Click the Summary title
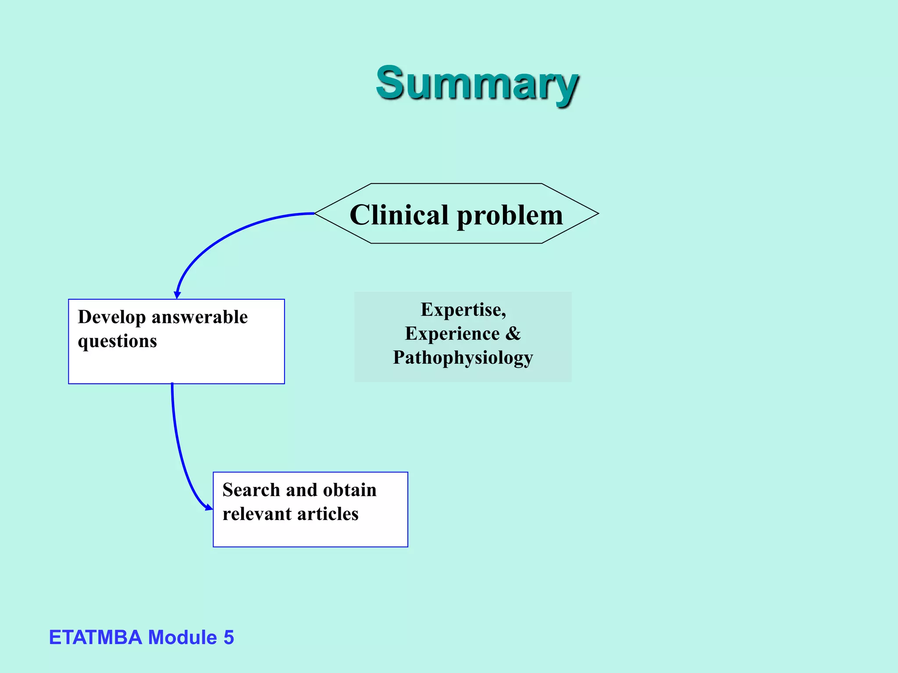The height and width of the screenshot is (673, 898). tap(477, 83)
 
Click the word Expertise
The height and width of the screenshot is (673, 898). tap(463, 310)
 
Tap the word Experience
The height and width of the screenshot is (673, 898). tap(452, 334)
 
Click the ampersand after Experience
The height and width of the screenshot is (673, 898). tap(513, 334)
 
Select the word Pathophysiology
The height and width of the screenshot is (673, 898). tap(463, 358)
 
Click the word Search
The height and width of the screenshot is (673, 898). tap(251, 490)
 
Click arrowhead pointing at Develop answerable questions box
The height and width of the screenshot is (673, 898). tap(177, 295)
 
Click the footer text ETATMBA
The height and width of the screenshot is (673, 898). tap(95, 638)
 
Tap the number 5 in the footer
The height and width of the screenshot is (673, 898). tap(228, 638)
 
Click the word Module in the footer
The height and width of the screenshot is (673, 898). tap(182, 638)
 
